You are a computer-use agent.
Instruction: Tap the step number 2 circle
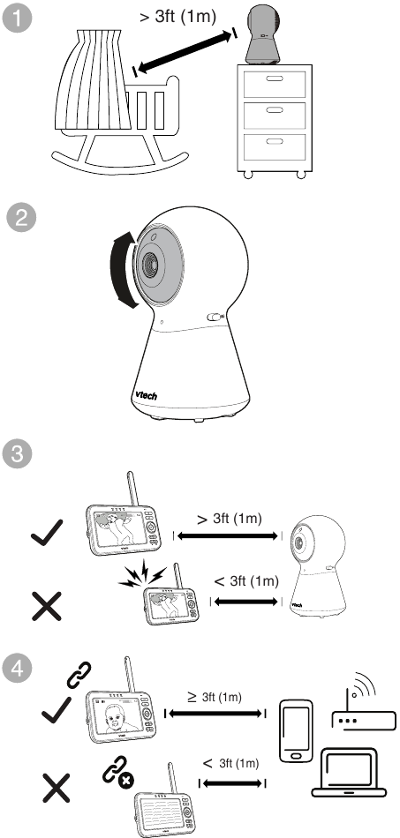point(21,220)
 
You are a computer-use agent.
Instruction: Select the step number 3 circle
point(18,454)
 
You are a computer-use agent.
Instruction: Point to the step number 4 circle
point(18,669)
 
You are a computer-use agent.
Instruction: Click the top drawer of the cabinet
point(275,83)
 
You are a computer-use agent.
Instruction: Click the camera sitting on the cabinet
point(264,34)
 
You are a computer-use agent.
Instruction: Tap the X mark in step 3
point(47,606)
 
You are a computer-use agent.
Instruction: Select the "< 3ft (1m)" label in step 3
point(246,581)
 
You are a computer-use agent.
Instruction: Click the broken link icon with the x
point(118,771)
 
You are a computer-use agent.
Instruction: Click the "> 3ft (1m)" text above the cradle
point(178,16)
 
